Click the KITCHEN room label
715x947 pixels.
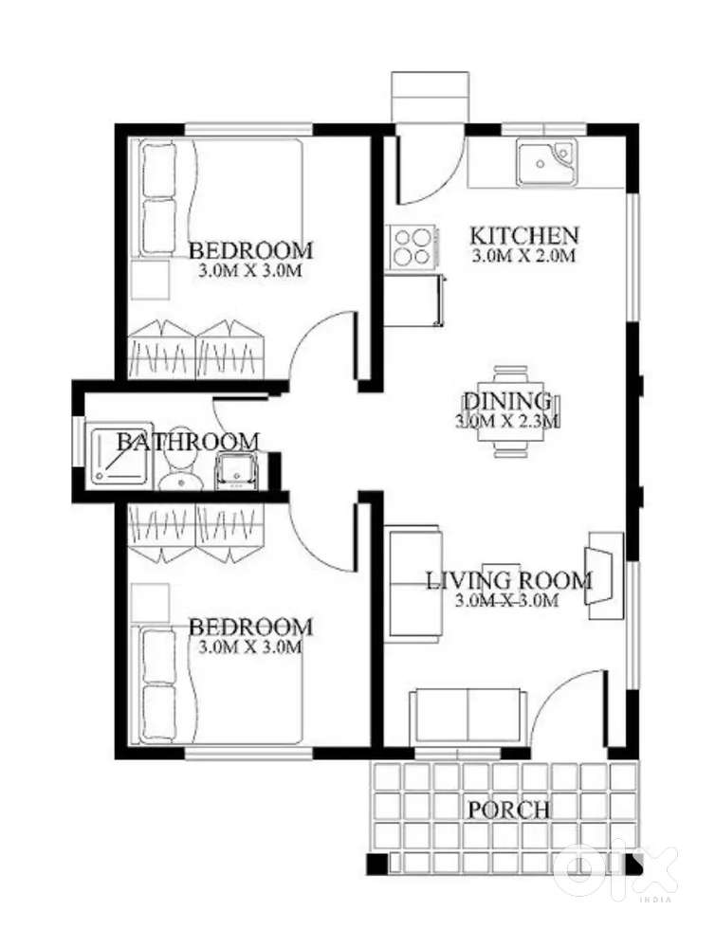coord(524,235)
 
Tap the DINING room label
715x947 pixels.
coord(507,401)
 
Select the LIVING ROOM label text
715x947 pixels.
coord(509,581)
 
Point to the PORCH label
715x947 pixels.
coord(509,810)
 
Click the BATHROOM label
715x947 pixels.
coord(188,442)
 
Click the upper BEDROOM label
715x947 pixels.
coord(251,250)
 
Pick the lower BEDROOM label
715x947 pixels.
coord(251,627)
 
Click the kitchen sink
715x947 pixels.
coord(545,162)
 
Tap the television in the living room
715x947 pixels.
coord(596,575)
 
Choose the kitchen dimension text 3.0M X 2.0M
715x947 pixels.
coord(522,256)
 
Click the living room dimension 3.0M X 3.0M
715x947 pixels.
coord(506,601)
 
